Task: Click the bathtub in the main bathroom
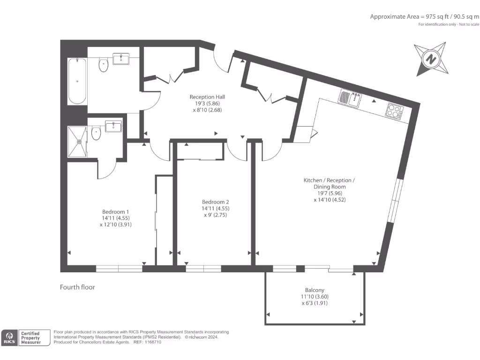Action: click(77, 81)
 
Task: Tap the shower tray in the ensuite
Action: click(77, 142)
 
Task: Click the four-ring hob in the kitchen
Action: click(394, 111)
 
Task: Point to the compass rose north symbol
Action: click(431, 59)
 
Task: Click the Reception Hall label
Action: click(207, 97)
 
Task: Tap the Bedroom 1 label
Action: click(115, 212)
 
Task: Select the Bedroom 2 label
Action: click(215, 202)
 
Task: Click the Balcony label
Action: click(315, 290)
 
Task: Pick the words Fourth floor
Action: click(77, 287)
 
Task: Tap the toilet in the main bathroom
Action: click(104, 65)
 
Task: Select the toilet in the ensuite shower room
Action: click(96, 133)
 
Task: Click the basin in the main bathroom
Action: click(121, 59)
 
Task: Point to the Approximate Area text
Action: click(424, 17)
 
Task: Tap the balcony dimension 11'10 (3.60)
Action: click(315, 297)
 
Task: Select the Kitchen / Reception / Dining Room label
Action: click(329, 183)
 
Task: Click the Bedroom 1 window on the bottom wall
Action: click(119, 269)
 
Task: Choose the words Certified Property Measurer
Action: click(30, 338)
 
